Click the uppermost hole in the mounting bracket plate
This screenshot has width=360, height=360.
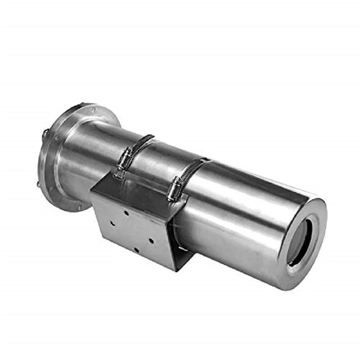(127, 211)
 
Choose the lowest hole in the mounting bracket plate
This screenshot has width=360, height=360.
(135, 250)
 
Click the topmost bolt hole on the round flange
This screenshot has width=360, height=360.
(93, 109)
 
